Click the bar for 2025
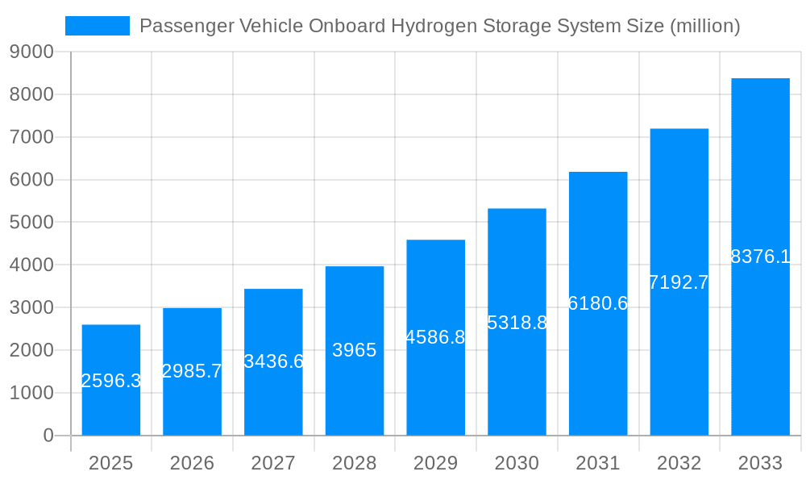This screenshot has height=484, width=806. (111, 380)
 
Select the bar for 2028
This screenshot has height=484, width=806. (355, 351)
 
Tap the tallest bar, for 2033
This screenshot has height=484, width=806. (760, 257)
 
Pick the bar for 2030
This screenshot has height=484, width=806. (517, 322)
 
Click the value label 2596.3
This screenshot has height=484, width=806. (111, 381)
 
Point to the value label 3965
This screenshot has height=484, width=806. (355, 350)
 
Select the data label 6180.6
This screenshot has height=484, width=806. (598, 303)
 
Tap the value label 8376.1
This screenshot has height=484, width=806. (760, 257)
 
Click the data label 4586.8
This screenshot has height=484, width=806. (435, 337)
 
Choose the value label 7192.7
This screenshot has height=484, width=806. (679, 282)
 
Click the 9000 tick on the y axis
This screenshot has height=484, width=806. (31, 52)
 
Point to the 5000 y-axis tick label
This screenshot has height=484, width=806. (31, 223)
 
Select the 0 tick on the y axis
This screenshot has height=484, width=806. (48, 436)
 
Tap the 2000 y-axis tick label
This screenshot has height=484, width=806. (31, 351)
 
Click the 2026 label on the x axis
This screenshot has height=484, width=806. (192, 463)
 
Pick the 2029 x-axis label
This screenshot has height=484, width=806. (435, 463)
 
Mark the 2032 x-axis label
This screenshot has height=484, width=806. (679, 463)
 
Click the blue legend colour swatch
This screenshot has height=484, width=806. (98, 26)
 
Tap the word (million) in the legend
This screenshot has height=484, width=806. (704, 26)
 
